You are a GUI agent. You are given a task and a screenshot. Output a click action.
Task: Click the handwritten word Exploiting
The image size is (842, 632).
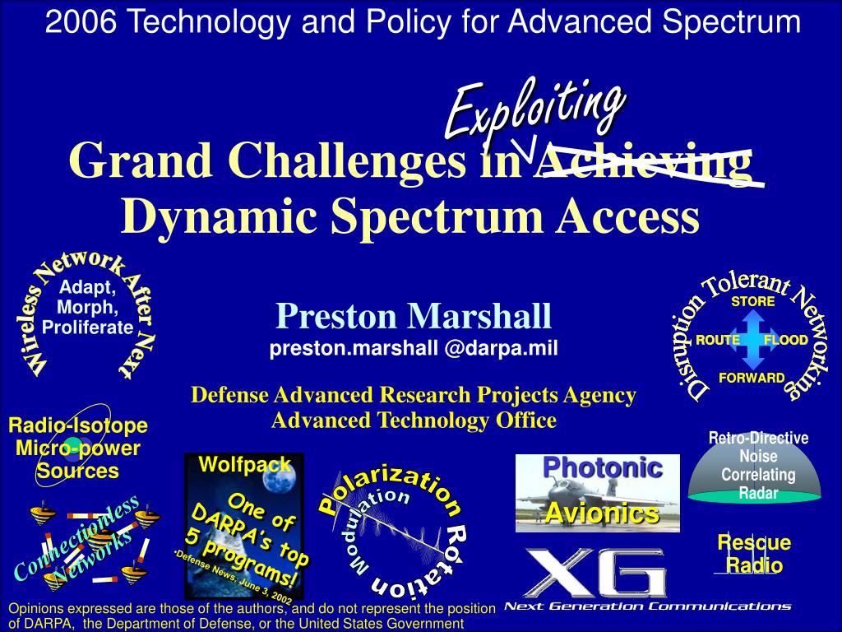tap(534, 110)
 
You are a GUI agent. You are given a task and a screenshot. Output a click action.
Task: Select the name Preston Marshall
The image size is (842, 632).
tap(414, 316)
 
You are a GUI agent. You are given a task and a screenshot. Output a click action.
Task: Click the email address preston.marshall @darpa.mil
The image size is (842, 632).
tap(414, 348)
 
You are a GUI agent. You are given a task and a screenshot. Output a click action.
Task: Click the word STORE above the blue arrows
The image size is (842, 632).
tap(753, 301)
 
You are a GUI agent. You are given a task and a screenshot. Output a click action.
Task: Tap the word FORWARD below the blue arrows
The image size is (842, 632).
tap(752, 378)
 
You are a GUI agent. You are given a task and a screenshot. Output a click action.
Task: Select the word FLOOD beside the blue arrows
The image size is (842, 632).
tap(785, 340)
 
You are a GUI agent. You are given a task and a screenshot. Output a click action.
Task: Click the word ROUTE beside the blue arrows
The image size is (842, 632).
tap(717, 340)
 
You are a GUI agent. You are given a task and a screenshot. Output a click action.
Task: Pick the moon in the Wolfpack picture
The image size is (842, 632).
tap(277, 478)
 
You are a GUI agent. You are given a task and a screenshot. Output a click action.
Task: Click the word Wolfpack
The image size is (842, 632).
tap(245, 464)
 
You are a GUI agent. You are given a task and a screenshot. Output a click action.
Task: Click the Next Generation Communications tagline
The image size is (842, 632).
tap(648, 606)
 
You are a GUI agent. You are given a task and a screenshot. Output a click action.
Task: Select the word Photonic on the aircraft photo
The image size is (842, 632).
tap(603, 467)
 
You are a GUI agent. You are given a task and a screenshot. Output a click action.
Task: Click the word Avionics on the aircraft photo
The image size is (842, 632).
tap(603, 513)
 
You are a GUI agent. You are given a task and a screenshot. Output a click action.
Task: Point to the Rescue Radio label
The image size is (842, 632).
tap(754, 554)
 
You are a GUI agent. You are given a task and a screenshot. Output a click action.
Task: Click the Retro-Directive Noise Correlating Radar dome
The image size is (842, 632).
tap(755, 467)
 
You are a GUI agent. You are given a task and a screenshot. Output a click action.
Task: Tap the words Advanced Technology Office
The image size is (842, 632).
tap(414, 421)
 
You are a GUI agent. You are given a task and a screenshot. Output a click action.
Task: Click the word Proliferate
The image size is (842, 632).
tap(87, 328)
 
